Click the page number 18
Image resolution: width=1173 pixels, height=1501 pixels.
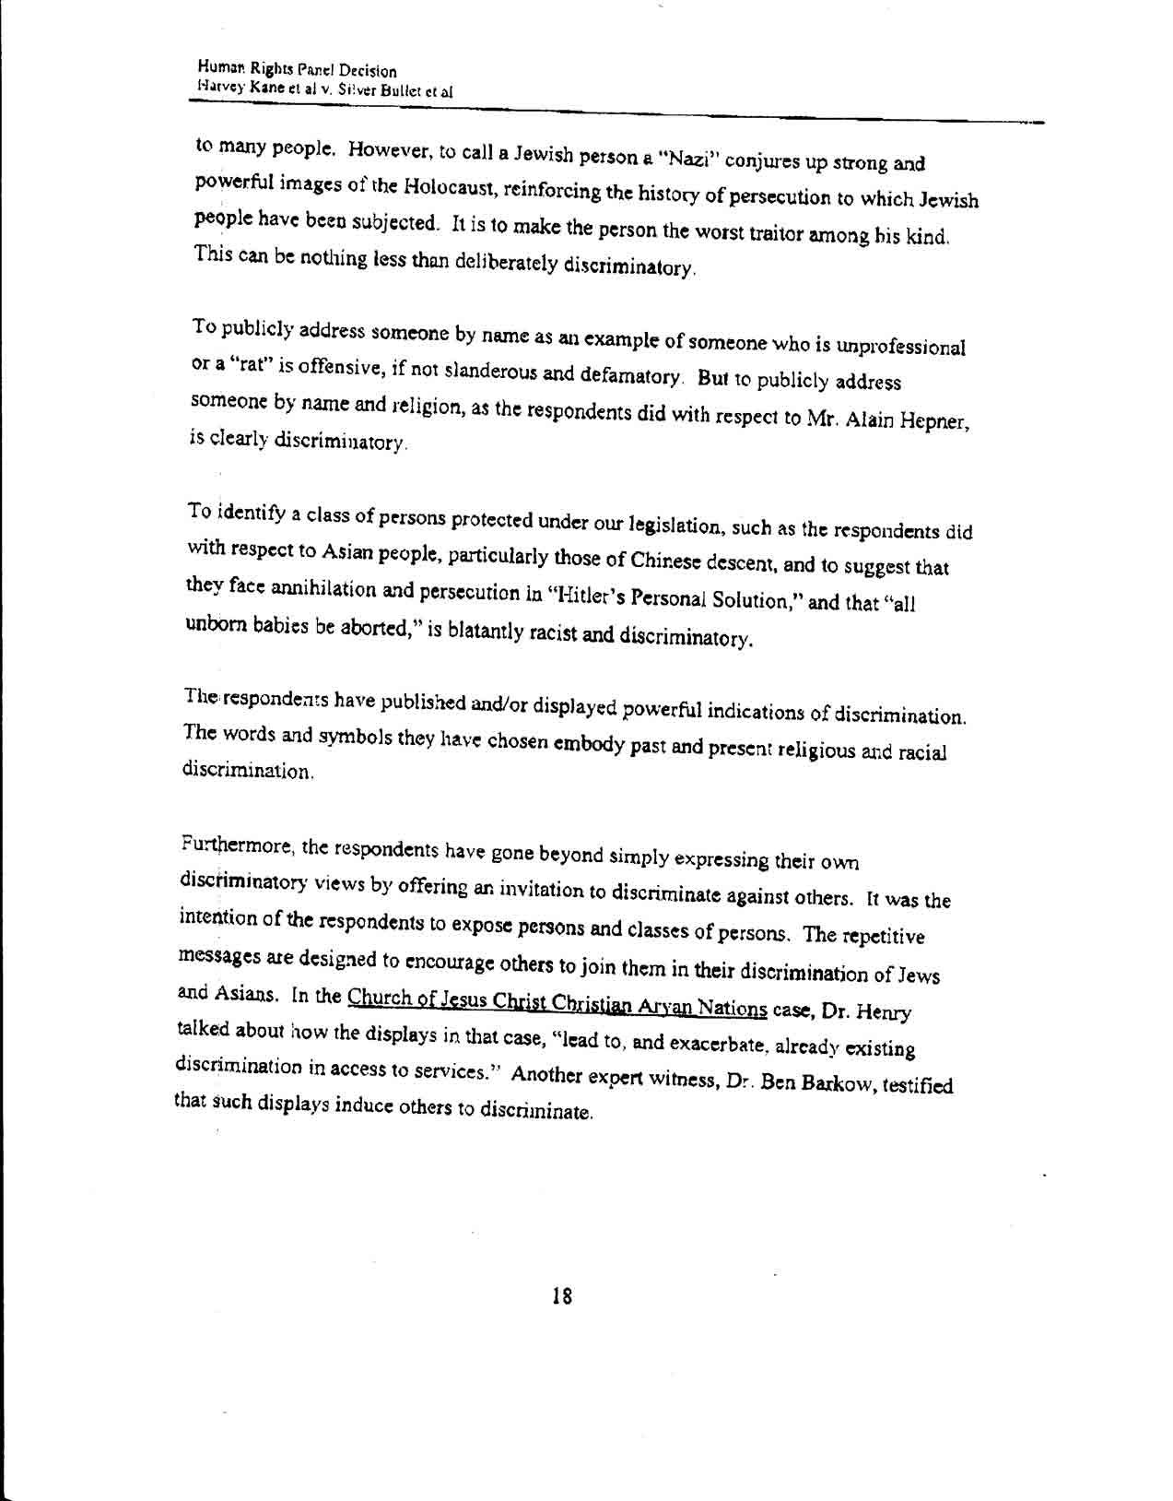[561, 1295]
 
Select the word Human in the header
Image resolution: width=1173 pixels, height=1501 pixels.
[217, 68]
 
